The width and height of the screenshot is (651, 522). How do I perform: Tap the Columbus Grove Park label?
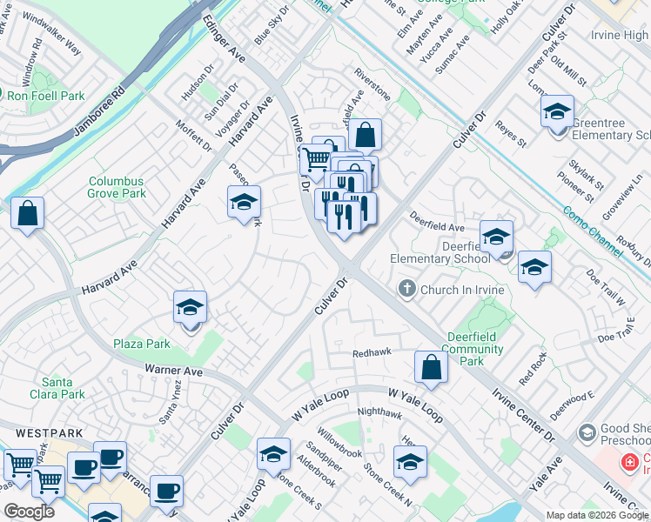tap(117, 188)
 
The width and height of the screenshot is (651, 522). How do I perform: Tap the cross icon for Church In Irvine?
tap(406, 289)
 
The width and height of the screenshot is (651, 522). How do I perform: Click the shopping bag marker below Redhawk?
tap(431, 368)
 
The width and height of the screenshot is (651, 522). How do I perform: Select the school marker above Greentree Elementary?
tap(556, 112)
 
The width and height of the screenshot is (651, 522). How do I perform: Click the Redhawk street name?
tap(372, 353)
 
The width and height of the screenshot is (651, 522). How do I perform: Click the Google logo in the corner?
tap(29, 512)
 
